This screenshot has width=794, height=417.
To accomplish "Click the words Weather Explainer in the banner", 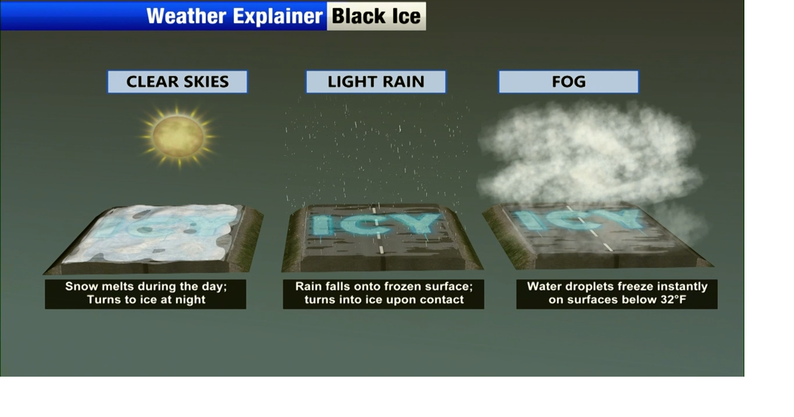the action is (x=234, y=16).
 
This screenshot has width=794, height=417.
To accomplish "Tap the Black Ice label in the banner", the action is (x=376, y=16).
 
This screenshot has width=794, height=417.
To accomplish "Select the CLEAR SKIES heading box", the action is (x=177, y=82).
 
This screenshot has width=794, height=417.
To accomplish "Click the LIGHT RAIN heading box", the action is (x=376, y=82).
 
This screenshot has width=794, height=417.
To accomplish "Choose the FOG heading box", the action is (x=569, y=82).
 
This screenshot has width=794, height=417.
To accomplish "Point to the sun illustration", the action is (x=178, y=137).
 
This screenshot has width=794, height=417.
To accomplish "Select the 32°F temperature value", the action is (x=674, y=300).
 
